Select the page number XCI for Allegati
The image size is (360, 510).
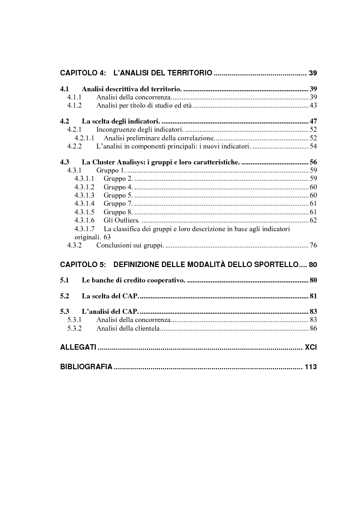coord(311,347)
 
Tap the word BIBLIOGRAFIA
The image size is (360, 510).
coord(86,367)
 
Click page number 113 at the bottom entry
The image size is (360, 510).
coord(311,367)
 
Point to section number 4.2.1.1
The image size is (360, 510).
coord(84,138)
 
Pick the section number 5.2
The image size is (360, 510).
coord(64,296)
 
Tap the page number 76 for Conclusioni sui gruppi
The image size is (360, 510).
coord(313,245)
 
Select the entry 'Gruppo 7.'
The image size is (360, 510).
coord(118,203)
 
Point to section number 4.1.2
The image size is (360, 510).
coord(74,105)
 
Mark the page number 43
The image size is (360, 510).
coord(313,105)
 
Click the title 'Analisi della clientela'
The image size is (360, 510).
coord(128,328)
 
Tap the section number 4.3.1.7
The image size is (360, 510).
coord(84,229)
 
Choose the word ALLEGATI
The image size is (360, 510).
coord(78,347)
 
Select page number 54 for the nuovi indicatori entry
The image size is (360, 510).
coord(313,146)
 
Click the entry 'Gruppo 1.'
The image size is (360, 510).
coord(110,170)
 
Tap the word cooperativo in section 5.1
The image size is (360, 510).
coord(166,280)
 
